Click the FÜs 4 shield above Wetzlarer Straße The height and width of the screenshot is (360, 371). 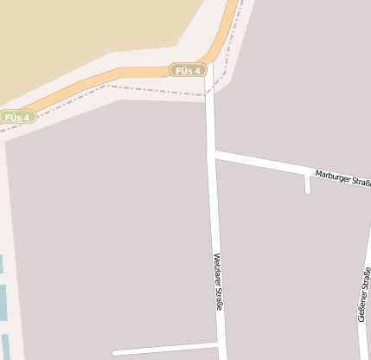tap(188, 70)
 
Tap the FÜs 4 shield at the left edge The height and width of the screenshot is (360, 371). tap(16, 117)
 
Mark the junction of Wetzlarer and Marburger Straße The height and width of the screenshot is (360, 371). tap(212, 154)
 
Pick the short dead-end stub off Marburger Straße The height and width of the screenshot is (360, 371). tap(307, 183)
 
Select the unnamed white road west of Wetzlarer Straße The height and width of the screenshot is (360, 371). tap(164, 349)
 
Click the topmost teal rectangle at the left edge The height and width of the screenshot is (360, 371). tap(1, 264)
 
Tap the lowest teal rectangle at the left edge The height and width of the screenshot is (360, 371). tap(6, 345)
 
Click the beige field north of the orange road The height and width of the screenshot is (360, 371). tap(86, 35)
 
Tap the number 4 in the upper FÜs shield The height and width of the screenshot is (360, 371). tap(197, 70)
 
